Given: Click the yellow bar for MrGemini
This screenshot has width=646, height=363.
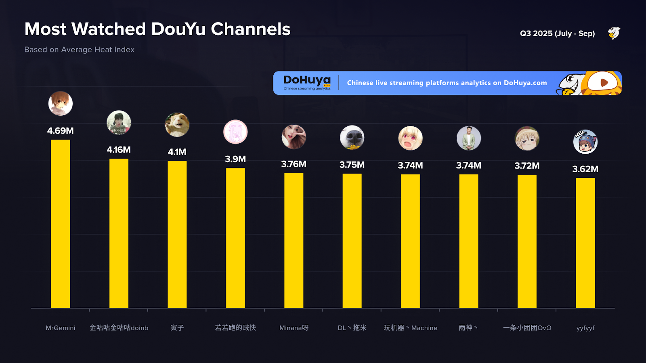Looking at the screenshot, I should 61,224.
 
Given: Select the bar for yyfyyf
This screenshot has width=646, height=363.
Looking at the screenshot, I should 585,243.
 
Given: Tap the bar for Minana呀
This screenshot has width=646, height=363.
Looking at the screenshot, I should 294,240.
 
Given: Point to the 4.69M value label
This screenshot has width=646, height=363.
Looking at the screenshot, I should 61,131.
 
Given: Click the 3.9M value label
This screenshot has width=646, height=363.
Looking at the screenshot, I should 235,159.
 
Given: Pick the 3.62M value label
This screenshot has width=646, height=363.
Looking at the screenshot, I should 585,169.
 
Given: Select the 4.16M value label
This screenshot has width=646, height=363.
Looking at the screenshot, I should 119,150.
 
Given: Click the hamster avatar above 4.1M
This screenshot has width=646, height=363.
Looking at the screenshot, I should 177,124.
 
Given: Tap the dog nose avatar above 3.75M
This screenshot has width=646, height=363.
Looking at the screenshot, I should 352,138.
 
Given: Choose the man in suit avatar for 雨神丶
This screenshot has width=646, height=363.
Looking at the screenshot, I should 469,138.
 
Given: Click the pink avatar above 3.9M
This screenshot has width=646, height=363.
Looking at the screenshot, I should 235,132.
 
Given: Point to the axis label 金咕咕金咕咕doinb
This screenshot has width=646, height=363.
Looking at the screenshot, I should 119,328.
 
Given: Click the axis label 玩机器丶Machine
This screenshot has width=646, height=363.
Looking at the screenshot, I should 410,328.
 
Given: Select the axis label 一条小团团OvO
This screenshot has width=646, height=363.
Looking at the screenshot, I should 527,328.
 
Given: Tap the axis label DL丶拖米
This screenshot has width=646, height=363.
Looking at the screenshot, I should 352,328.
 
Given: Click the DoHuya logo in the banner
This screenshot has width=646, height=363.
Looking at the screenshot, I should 307,82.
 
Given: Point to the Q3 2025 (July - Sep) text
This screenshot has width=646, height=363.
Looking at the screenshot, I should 557,33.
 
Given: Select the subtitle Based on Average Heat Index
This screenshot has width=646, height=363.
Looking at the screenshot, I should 80,50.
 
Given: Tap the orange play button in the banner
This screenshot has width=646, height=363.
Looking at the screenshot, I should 604,83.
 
